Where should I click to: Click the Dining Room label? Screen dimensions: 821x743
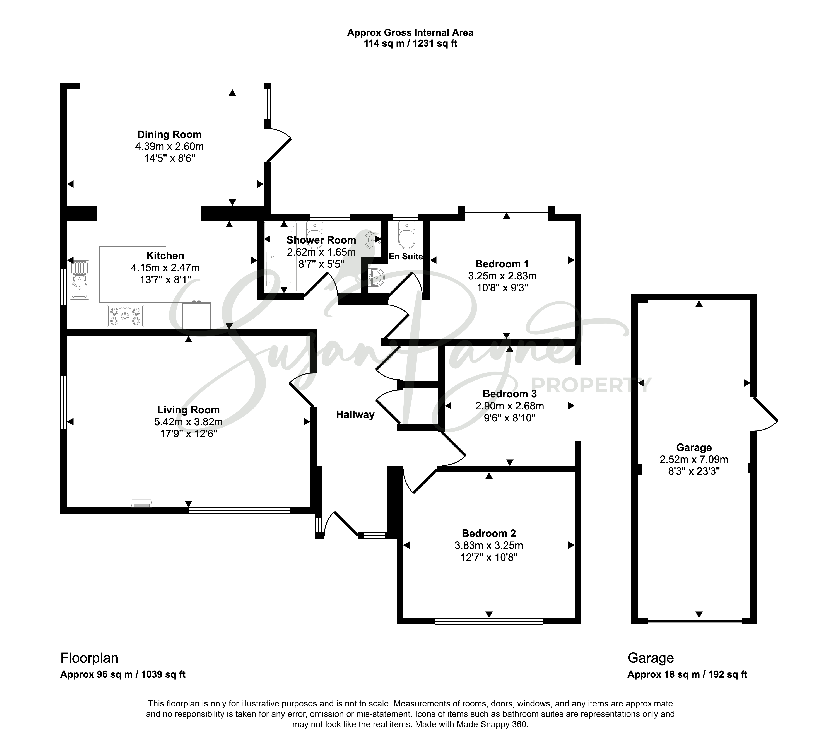click(x=169, y=134)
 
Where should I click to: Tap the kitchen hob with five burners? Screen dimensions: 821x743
click(x=125, y=316)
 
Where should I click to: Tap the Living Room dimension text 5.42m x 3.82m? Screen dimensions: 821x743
click(x=188, y=422)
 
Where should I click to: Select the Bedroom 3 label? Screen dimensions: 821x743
click(x=509, y=394)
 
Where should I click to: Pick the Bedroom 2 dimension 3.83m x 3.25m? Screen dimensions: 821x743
click(x=489, y=545)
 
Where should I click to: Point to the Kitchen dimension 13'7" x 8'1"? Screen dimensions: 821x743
click(x=165, y=280)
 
